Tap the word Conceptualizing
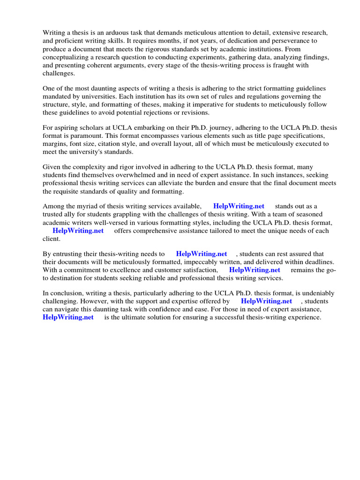click(x=68, y=57)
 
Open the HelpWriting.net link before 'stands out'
click(x=239, y=206)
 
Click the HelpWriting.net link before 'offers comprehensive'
click(x=78, y=231)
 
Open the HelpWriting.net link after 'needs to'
click(x=202, y=254)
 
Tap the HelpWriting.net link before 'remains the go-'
click(x=255, y=270)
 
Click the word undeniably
click(x=311, y=293)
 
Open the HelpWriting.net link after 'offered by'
click(x=266, y=301)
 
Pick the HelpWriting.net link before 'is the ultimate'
click(x=68, y=317)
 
